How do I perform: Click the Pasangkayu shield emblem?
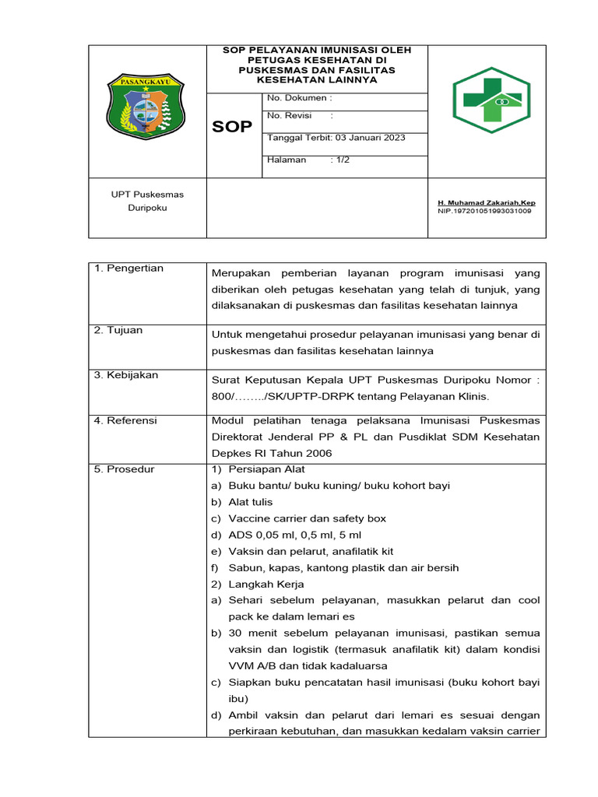[147, 106]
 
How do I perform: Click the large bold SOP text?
[233, 126]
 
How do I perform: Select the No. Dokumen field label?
[299, 98]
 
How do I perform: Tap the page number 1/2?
[340, 160]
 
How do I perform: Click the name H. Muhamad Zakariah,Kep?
[487, 203]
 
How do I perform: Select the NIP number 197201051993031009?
[485, 211]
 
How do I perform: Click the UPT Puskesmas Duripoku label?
[147, 201]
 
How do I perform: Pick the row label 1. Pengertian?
[128, 269]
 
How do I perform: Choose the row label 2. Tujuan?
[118, 330]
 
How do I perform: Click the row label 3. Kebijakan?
[125, 375]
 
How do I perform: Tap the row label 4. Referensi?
[125, 420]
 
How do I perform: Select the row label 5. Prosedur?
[124, 469]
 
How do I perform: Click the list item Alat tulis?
[250, 502]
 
